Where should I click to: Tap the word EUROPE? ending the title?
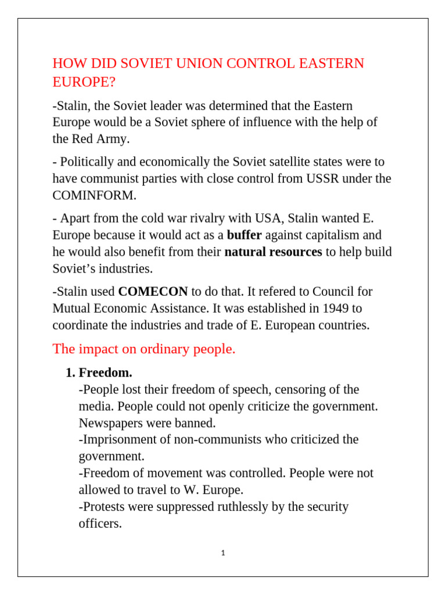point(84,83)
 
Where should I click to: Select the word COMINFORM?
point(94,195)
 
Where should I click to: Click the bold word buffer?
point(244,235)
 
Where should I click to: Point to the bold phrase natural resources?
point(273,252)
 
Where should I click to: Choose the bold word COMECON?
point(153,291)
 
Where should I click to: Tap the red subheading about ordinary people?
point(144,349)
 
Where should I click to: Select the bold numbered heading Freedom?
point(105,372)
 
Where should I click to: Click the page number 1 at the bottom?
point(223,553)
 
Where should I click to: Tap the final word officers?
point(100,524)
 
